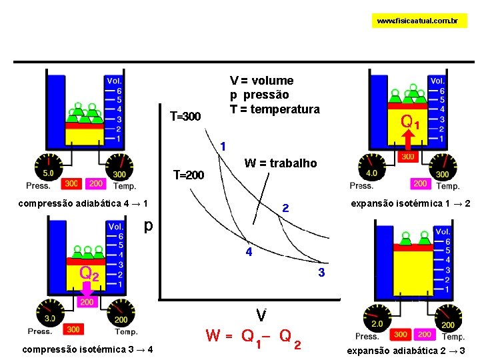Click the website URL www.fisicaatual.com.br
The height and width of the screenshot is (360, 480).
417,21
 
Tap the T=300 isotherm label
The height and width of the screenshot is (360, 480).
185,117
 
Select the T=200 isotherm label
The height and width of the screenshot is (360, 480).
189,175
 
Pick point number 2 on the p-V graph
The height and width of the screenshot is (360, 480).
285,209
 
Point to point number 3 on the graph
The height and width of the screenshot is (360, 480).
321,273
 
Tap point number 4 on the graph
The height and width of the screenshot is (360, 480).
249,253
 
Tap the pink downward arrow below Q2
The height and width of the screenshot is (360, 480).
87,291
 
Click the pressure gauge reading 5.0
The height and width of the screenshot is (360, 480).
48,165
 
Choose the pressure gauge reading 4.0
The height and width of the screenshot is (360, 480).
371,166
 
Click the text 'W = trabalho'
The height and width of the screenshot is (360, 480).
281,163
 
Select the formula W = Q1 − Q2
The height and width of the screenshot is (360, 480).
253,336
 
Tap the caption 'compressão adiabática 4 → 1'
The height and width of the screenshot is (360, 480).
83,203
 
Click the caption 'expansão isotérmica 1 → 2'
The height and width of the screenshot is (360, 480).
410,203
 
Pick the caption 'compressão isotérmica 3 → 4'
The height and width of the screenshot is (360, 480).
87,349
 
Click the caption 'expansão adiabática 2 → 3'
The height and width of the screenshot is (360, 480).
406,350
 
